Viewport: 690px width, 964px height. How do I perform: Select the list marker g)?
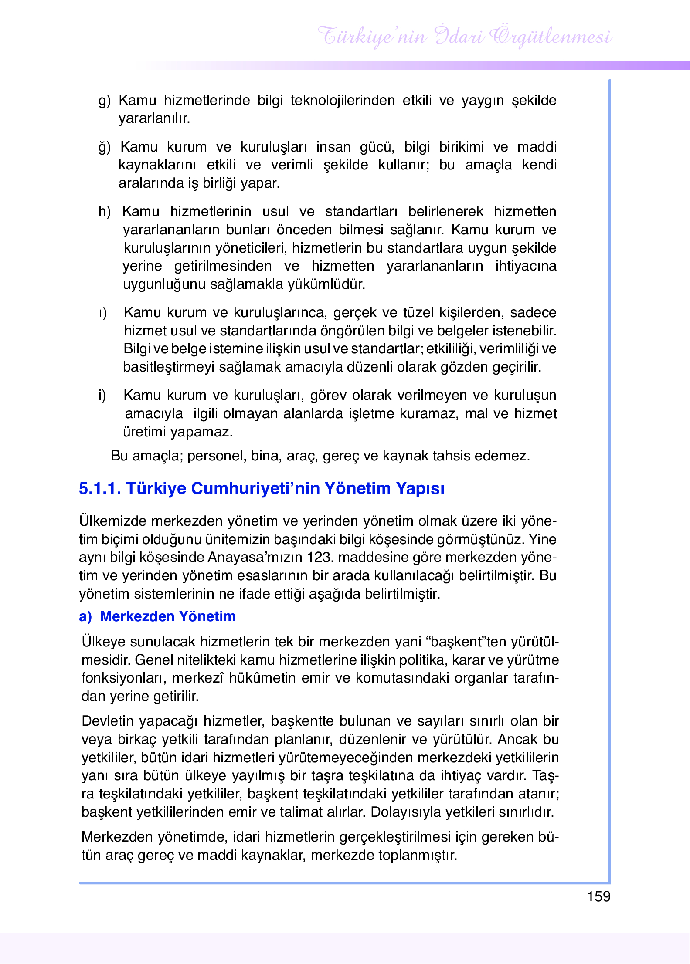[x=104, y=101]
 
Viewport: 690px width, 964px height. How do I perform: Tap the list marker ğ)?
[x=104, y=147]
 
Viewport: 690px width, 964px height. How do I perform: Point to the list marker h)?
[x=104, y=212]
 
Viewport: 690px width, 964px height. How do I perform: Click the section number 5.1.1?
[x=99, y=488]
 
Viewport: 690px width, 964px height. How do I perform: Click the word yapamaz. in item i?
[x=201, y=432]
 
